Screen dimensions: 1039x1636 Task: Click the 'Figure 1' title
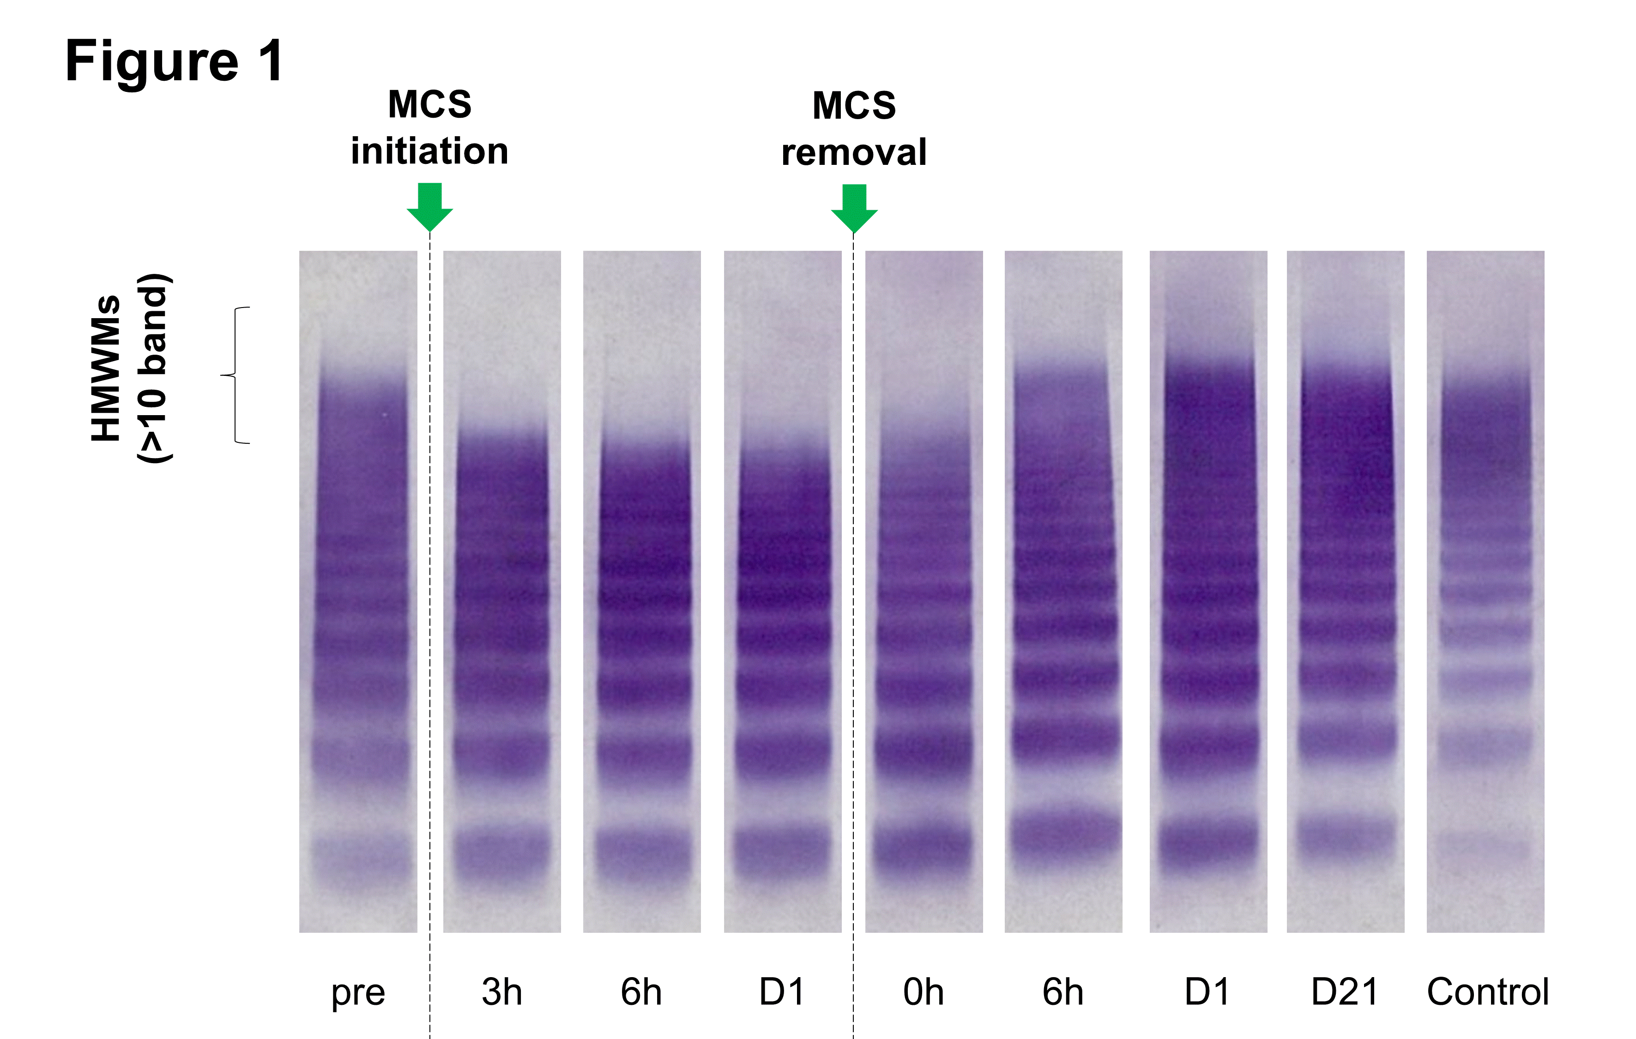tap(174, 61)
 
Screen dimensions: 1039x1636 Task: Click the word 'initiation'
tap(429, 151)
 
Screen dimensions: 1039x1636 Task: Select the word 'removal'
tap(854, 152)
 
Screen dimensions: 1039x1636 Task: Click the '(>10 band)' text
tap(154, 368)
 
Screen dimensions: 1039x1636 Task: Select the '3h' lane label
tap(502, 991)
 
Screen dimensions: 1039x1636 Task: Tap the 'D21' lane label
tap(1345, 991)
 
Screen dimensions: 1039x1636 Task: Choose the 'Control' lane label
tap(1487, 991)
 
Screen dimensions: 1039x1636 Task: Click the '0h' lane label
tap(924, 991)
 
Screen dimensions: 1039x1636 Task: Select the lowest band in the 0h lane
tap(924, 846)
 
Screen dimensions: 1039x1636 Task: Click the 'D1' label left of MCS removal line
tap(782, 991)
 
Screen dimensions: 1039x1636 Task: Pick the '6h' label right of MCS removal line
tap(1063, 991)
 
